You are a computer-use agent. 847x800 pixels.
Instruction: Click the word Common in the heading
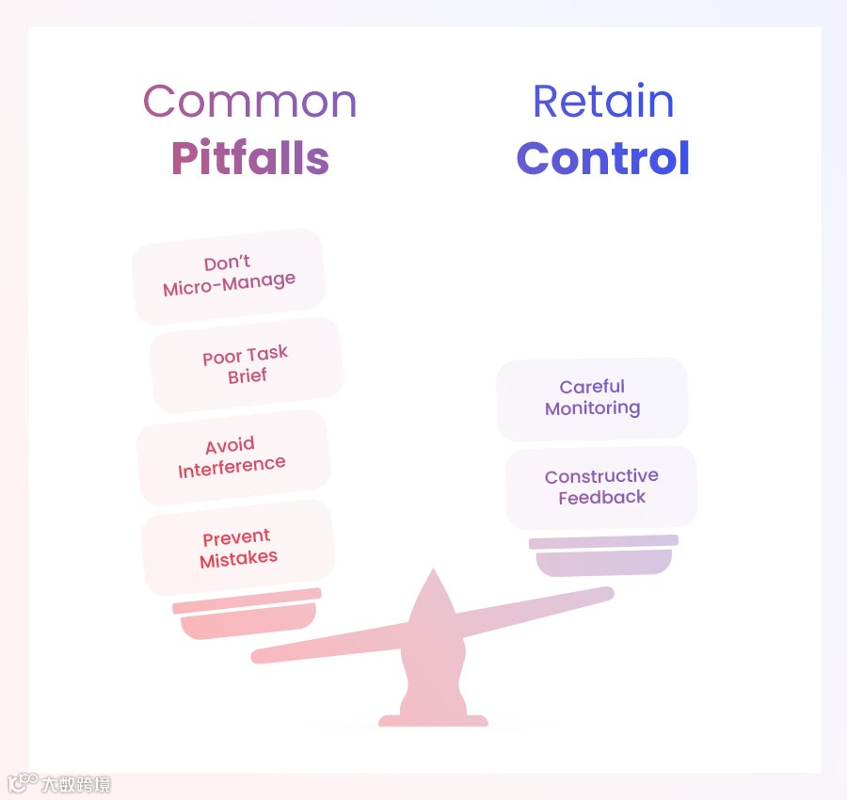249,102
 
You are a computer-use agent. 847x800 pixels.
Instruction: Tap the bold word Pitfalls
249,158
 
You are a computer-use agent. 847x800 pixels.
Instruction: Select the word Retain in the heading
603,102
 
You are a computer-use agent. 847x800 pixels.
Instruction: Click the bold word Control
603,158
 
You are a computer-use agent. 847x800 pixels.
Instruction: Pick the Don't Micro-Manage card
229,275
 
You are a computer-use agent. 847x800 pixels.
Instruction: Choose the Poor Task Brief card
246,365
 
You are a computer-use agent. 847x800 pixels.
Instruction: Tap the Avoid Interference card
232,456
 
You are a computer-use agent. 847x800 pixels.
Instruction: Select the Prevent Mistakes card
238,548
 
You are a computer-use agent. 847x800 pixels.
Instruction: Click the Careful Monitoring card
592,398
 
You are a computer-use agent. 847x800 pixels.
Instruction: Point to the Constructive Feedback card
601,488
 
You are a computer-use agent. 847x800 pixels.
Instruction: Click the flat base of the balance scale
433,721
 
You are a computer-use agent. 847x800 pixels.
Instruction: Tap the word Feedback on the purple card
601,498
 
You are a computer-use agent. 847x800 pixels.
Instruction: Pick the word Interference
232,466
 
